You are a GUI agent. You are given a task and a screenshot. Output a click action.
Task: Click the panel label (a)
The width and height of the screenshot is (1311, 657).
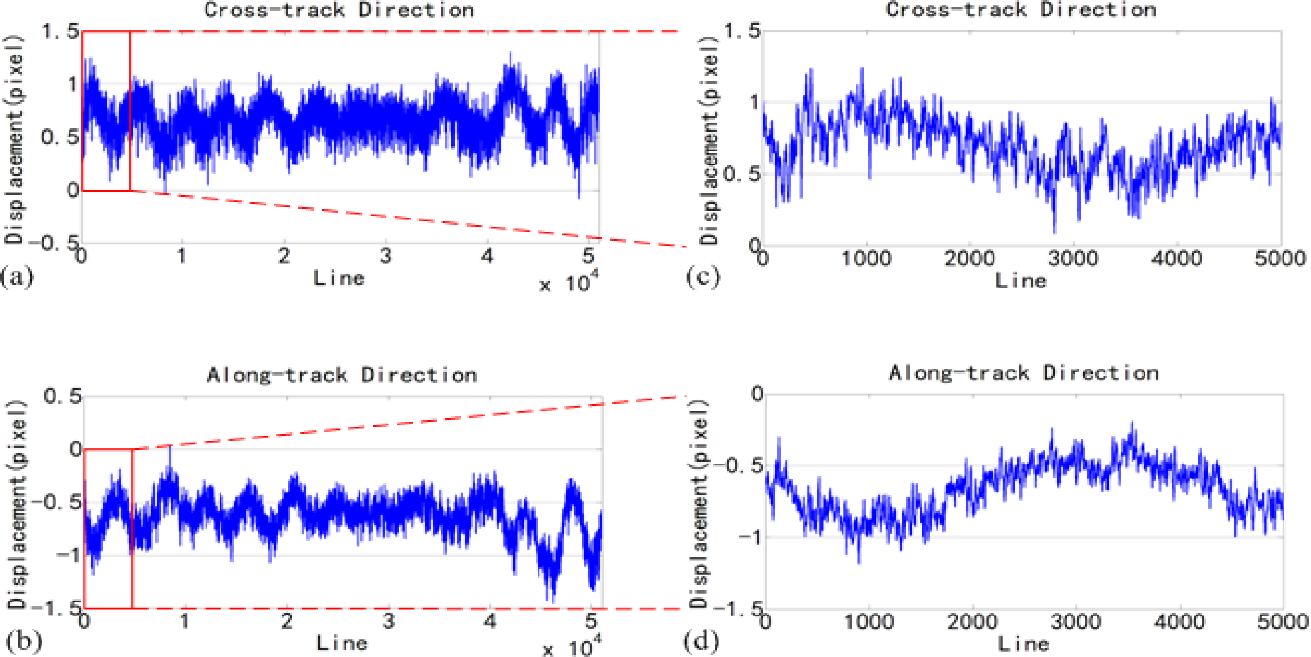coord(17,278)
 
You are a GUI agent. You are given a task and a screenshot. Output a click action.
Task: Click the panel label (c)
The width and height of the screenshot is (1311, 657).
coord(703,277)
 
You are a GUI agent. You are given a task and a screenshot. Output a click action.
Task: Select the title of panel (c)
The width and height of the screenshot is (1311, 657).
coord(1021,10)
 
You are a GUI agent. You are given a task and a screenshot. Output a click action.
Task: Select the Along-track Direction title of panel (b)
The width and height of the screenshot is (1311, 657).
coord(342,376)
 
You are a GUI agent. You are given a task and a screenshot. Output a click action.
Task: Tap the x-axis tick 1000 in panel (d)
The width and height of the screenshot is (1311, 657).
coord(868,622)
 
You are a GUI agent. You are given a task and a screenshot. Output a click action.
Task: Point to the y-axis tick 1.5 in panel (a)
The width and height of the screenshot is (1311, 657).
coord(60,31)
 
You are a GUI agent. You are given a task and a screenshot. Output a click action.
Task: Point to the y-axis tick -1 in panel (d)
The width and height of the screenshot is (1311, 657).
coord(750,537)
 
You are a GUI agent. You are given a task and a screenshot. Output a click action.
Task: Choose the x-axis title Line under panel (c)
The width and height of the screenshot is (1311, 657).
coord(1021,281)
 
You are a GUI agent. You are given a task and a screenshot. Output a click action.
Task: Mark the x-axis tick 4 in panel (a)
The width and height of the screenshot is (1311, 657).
coord(487,257)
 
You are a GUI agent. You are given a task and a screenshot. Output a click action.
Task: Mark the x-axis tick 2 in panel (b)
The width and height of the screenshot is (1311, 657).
coord(287,621)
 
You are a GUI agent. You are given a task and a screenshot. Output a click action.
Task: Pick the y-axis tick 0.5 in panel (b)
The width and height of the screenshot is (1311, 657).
coord(62,396)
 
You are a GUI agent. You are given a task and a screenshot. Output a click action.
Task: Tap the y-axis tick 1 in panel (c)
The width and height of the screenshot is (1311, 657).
coord(754,103)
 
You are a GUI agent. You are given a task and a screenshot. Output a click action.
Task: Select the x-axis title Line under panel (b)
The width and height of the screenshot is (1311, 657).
coord(342,643)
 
